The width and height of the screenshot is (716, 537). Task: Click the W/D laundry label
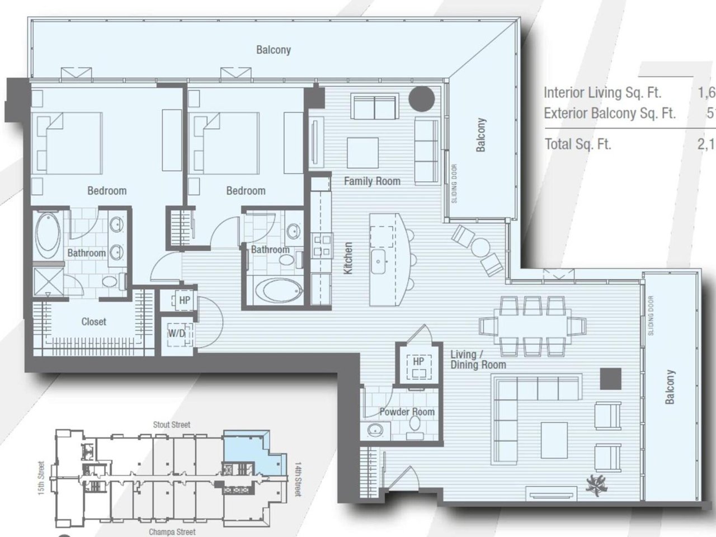[177, 333]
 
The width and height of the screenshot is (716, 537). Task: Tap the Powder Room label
[407, 412]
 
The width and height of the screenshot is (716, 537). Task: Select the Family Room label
[372, 181]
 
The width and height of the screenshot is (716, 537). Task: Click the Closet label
[93, 322]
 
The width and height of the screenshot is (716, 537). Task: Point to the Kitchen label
[348, 258]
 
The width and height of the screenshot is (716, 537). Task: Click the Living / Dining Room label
[478, 360]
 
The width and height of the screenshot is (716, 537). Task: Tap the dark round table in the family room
[422, 99]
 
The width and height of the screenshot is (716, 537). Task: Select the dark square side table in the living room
[610, 379]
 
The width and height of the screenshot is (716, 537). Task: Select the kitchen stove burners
[322, 246]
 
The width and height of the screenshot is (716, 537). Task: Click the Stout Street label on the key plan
[172, 425]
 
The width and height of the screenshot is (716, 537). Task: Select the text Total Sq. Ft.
[578, 144]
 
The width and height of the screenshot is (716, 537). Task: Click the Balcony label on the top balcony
[274, 50]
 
